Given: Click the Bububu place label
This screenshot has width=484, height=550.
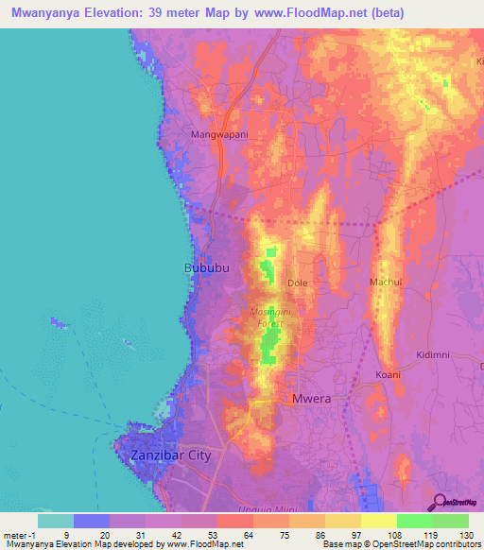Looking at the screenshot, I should [205, 268].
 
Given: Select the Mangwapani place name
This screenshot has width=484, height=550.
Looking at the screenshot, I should [219, 134].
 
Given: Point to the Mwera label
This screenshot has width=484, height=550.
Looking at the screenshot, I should [312, 399].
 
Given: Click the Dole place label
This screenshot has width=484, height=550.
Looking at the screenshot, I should [298, 283].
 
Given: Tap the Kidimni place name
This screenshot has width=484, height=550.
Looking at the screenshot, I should [435, 354].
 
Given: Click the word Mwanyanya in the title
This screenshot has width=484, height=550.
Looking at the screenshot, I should [43, 13].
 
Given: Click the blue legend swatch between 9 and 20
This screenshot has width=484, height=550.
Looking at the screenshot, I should [92, 521].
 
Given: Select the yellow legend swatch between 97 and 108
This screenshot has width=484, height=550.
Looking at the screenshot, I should [379, 521].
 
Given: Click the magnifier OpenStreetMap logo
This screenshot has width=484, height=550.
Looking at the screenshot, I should [440, 503].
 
